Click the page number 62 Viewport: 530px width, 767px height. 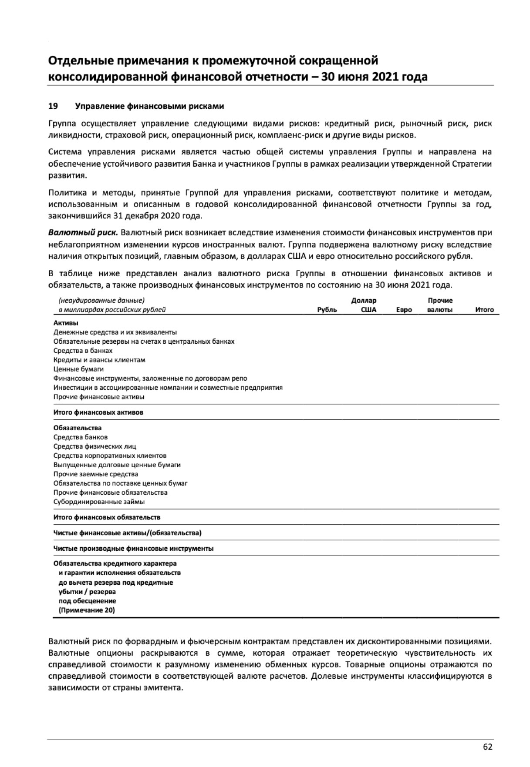point(487,747)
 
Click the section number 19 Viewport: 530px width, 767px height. point(53,106)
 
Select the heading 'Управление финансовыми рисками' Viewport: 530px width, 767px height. point(149,106)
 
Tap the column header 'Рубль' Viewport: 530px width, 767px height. point(327,310)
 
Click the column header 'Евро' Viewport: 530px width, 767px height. point(404,310)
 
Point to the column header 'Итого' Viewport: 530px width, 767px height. point(484,310)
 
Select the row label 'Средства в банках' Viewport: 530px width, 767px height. point(83,351)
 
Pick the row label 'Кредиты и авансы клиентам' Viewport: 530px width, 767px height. point(99,360)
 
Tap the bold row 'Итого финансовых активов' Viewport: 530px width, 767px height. point(98,412)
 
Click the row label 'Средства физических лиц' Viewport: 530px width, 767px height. point(95,446)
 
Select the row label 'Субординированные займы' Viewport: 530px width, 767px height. point(99,502)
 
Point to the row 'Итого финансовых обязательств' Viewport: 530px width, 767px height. point(107,517)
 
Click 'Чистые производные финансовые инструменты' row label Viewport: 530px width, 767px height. point(133,549)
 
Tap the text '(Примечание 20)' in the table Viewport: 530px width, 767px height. point(87,610)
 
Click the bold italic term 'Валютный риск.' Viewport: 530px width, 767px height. point(83,233)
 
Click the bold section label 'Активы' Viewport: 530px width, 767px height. point(66,323)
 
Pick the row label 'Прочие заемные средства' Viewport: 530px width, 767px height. point(96,474)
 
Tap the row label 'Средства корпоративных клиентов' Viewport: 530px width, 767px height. point(110,456)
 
